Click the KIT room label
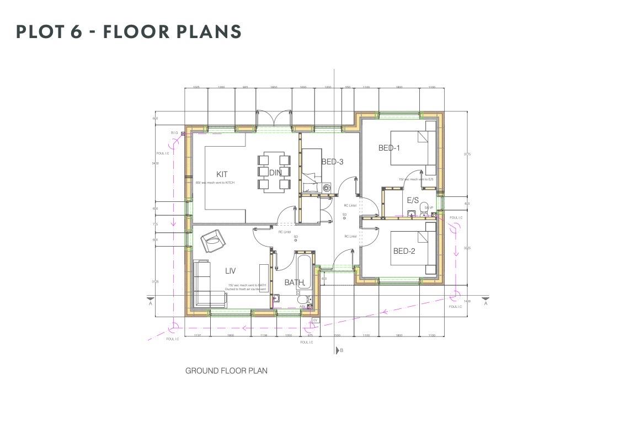click(x=222, y=174)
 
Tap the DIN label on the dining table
click(x=275, y=173)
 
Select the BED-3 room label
click(x=332, y=162)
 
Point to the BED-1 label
click(x=389, y=148)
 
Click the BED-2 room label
click(x=404, y=252)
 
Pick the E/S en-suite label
click(x=413, y=200)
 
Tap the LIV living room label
click(x=231, y=271)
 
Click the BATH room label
click(x=294, y=282)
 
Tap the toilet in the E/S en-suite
click(x=424, y=208)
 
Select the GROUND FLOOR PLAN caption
click(x=226, y=371)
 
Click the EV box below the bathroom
click(x=316, y=320)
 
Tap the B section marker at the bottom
click(x=340, y=350)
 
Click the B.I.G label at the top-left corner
click(x=174, y=133)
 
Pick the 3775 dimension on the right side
click(x=467, y=154)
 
